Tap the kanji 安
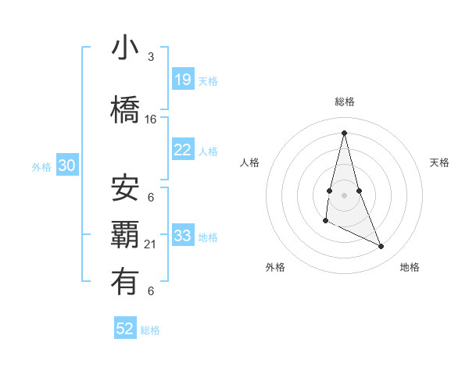click(126, 187)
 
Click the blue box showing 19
click(183, 79)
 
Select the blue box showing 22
click(183, 150)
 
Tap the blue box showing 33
click(183, 236)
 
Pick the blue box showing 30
click(67, 166)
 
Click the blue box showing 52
click(125, 329)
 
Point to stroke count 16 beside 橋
click(151, 119)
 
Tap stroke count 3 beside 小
click(151, 57)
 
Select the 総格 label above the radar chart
click(344, 102)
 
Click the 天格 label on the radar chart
click(439, 162)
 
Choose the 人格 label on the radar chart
click(249, 162)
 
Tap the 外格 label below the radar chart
click(275, 267)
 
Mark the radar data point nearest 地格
click(381, 247)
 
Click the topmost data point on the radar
click(344, 133)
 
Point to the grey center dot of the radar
click(344, 194)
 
